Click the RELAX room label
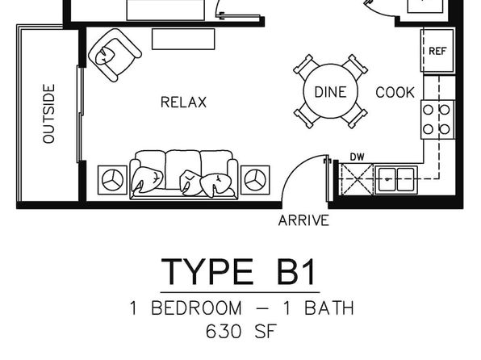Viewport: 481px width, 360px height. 183,103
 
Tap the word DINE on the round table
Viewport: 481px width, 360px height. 330,92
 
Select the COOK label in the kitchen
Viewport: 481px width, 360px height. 395,92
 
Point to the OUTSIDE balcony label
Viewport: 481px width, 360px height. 48,114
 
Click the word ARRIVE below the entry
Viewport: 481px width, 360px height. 303,220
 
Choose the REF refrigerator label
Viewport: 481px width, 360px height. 437,51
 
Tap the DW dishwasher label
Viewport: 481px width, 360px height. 357,157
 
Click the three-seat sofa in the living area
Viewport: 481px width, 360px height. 184,174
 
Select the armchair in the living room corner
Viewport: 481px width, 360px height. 115,55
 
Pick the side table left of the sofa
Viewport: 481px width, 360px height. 112,180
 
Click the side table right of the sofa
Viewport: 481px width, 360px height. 255,180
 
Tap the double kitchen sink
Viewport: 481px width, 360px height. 396,179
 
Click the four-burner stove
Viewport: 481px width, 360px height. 437,119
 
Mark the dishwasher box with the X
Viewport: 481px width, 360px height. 358,179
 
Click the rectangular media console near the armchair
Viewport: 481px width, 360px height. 183,39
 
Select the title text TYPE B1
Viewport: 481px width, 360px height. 239,271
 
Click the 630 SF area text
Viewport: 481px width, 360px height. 241,332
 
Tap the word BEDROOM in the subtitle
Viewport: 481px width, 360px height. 196,308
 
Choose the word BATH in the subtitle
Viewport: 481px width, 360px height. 329,308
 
